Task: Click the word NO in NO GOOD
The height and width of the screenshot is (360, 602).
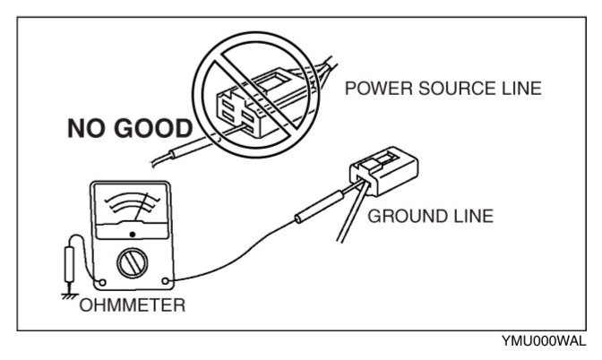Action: point(90,126)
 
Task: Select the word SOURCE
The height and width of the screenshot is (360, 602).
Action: point(438,89)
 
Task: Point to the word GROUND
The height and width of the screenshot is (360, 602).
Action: point(403,216)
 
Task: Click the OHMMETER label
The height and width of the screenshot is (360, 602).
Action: point(133,305)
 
